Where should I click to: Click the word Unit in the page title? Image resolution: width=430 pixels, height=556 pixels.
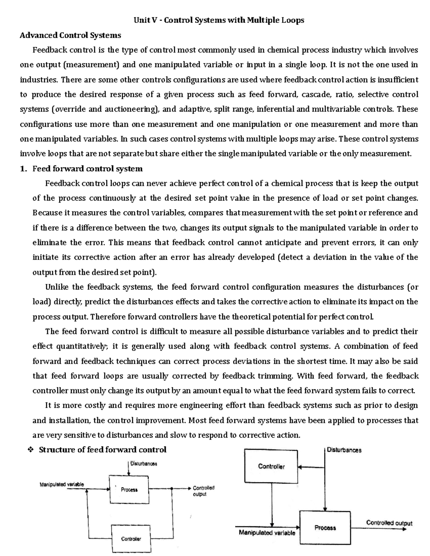click(x=141, y=20)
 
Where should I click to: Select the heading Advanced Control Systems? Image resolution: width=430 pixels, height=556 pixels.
click(x=70, y=35)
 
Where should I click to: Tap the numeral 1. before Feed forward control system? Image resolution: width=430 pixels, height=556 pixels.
click(x=23, y=169)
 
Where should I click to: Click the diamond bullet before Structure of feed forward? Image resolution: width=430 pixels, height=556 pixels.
click(x=30, y=450)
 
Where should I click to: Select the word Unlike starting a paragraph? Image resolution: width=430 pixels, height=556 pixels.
click(x=57, y=287)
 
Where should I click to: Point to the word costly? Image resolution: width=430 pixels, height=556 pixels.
click(x=94, y=406)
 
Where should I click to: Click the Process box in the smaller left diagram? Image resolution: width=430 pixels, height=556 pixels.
click(x=129, y=489)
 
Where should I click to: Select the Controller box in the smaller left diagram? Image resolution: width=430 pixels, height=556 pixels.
click(x=131, y=538)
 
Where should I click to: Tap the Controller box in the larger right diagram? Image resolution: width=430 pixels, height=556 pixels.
click(x=271, y=466)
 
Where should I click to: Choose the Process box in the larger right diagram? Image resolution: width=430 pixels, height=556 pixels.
click(x=325, y=527)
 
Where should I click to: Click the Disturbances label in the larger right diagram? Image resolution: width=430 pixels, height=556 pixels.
click(x=344, y=450)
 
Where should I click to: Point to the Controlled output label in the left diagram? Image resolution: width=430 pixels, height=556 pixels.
click(x=203, y=491)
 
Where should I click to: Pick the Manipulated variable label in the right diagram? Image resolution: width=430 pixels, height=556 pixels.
click(x=267, y=533)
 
